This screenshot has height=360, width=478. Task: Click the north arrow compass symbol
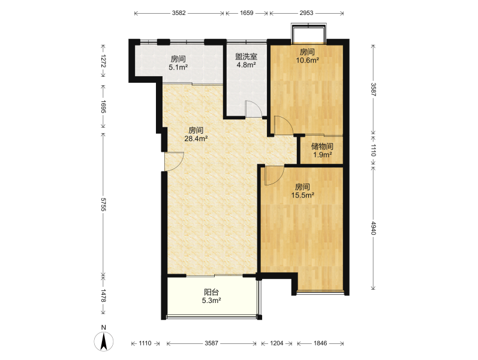(x=104, y=341)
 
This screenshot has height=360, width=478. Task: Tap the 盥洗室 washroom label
(x=246, y=56)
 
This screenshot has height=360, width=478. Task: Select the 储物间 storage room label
(x=322, y=146)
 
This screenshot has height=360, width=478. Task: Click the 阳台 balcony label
(x=211, y=292)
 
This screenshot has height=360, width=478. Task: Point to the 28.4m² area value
(x=196, y=139)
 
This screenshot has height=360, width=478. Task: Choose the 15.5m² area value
(x=302, y=195)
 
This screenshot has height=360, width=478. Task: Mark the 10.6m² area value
(x=307, y=61)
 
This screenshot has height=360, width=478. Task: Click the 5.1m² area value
(x=178, y=67)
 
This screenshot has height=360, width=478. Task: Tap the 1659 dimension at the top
(x=246, y=13)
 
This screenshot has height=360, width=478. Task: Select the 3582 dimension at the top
(x=179, y=13)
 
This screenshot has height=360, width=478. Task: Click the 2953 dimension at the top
(x=306, y=13)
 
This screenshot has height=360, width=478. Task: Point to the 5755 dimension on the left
(x=103, y=205)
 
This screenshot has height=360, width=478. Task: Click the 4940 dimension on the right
(x=374, y=228)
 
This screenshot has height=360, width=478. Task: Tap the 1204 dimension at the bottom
(x=277, y=343)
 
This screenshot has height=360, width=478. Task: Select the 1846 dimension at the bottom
(x=320, y=343)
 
